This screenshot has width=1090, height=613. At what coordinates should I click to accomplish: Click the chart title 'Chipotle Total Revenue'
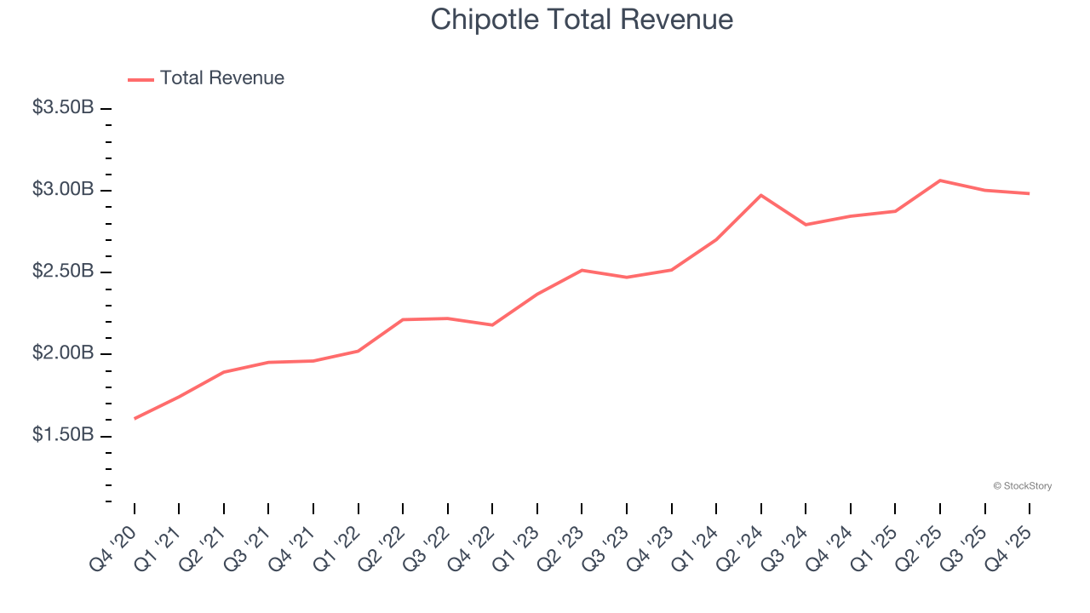pyautogui.click(x=582, y=20)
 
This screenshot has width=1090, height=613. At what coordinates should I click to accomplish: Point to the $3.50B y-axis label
pyautogui.click(x=63, y=108)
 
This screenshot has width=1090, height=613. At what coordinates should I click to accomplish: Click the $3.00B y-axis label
pyautogui.click(x=63, y=189)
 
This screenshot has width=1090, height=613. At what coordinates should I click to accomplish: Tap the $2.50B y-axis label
pyautogui.click(x=63, y=272)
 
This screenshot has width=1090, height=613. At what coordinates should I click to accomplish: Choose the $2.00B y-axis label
pyautogui.click(x=63, y=353)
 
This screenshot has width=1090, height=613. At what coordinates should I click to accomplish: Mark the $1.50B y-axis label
pyautogui.click(x=63, y=435)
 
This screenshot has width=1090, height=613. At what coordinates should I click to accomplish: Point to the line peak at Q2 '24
pyautogui.click(x=760, y=195)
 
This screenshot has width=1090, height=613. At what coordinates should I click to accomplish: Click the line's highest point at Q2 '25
pyautogui.click(x=939, y=180)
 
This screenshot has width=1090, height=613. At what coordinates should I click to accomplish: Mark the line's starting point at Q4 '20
pyautogui.click(x=135, y=418)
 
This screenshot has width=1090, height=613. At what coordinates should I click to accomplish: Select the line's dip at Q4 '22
pyautogui.click(x=492, y=324)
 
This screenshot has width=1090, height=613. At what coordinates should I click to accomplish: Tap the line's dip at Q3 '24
pyautogui.click(x=806, y=225)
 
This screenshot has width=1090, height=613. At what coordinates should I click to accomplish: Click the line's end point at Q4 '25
pyautogui.click(x=1029, y=193)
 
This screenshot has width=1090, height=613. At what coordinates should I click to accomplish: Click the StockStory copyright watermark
pyautogui.click(x=1022, y=486)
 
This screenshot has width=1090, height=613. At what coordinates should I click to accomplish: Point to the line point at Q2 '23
pyautogui.click(x=582, y=270)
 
